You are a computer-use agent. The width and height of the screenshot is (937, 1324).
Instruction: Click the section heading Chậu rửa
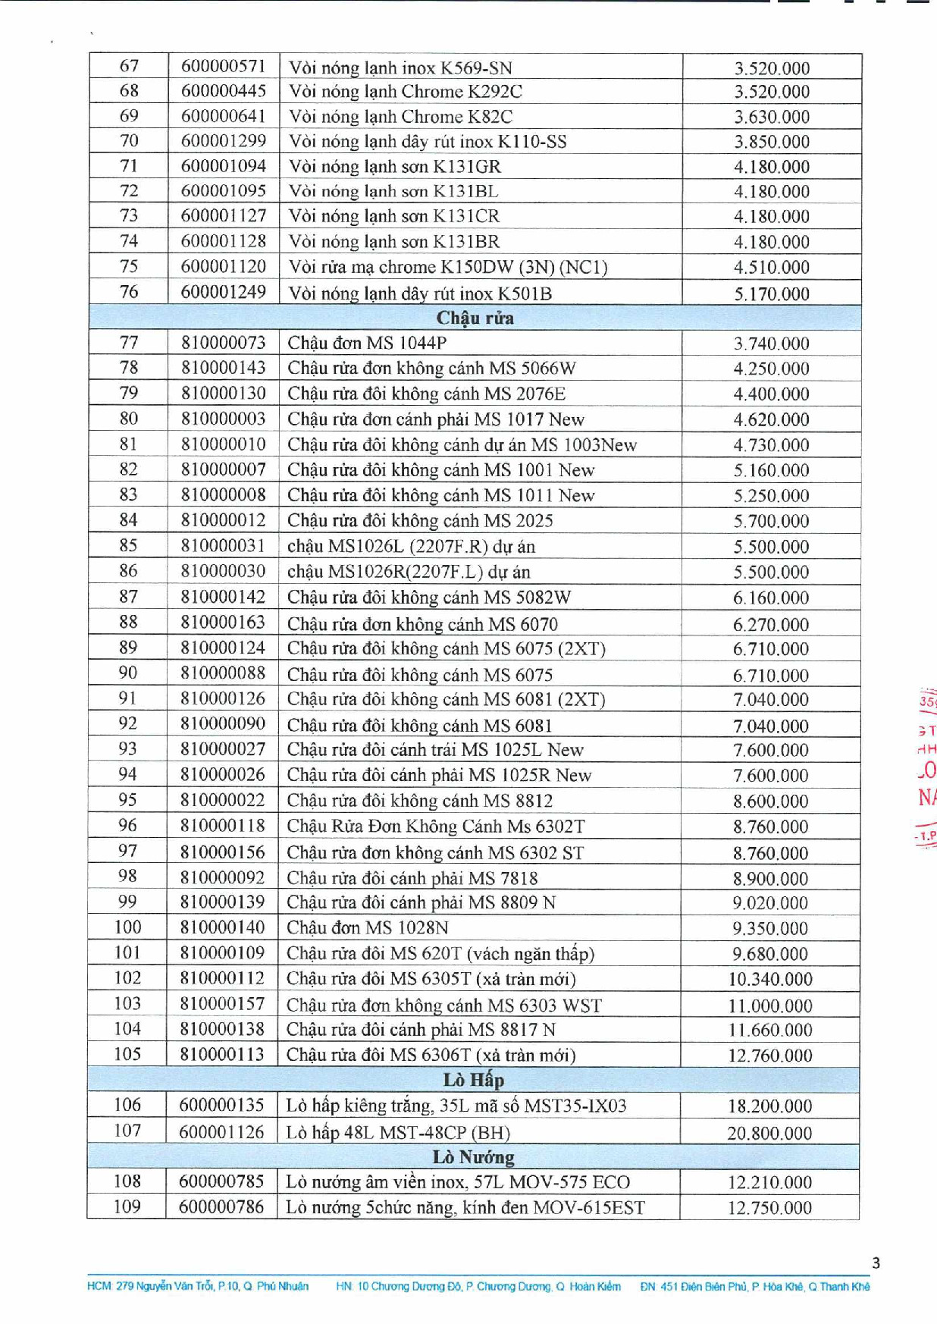click(475, 318)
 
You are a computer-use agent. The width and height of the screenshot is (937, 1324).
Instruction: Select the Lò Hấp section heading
click(473, 1079)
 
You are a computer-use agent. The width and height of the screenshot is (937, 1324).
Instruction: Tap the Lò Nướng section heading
click(473, 1156)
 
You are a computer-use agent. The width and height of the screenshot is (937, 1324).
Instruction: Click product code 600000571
click(223, 67)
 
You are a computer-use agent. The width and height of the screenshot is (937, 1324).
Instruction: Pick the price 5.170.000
click(771, 293)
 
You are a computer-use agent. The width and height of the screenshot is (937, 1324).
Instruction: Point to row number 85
click(128, 545)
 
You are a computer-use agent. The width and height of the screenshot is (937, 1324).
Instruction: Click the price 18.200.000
click(769, 1106)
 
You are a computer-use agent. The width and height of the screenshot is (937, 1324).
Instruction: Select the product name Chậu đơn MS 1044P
click(367, 343)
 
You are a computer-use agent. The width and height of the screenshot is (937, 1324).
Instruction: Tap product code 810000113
click(222, 1054)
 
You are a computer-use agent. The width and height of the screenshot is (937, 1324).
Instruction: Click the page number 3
click(876, 1263)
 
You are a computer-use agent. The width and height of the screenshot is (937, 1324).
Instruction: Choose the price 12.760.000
click(769, 1055)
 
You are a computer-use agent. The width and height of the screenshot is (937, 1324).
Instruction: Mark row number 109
click(127, 1206)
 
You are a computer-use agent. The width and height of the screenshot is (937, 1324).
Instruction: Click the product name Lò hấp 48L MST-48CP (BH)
click(397, 1132)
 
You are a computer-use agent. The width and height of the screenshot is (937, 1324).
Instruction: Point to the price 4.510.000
click(771, 267)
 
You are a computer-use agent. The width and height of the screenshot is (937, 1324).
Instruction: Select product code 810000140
click(222, 927)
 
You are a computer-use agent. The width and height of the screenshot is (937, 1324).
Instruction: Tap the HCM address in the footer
click(198, 1286)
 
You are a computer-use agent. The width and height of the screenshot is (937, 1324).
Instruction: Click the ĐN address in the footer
click(754, 1286)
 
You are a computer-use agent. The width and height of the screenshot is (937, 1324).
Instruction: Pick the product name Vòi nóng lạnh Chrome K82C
click(400, 117)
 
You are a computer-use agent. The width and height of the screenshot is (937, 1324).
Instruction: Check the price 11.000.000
click(769, 1006)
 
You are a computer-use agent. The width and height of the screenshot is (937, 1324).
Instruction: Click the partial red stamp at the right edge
click(926, 766)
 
